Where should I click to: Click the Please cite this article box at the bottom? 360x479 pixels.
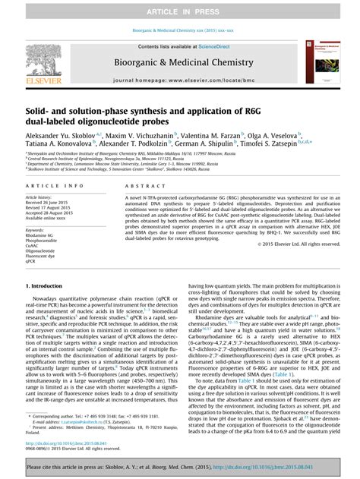click(x=179, y=467)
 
